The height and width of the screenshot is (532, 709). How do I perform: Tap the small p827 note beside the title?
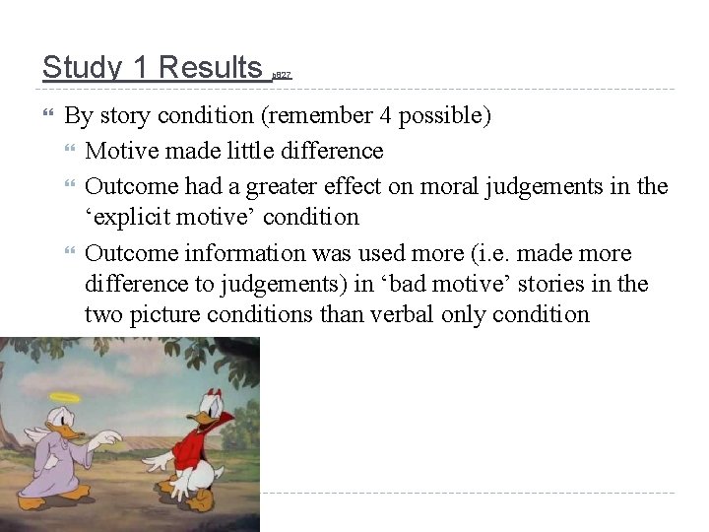click(x=282, y=75)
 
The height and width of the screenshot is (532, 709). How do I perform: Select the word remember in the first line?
click(x=314, y=115)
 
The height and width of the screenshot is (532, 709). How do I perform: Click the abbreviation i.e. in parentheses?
click(x=465, y=253)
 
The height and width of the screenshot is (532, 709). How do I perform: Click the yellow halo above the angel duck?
click(x=65, y=397)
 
